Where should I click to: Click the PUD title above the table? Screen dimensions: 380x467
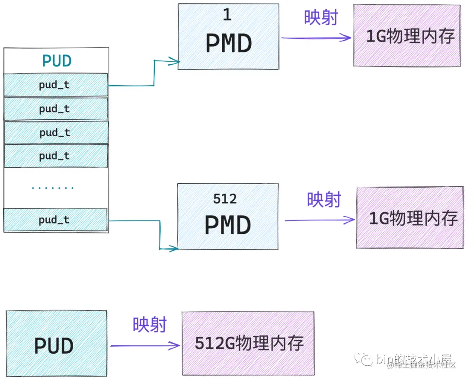56,61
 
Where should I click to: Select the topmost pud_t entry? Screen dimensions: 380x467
56,85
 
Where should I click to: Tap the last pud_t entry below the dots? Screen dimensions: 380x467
55,220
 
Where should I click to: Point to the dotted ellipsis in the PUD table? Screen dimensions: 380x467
53,188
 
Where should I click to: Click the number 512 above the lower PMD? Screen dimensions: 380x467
225,199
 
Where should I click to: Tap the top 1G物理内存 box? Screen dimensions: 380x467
407,35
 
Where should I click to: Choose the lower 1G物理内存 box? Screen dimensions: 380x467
409,217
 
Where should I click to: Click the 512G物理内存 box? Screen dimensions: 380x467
248,343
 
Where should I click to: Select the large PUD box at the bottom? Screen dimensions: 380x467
56,343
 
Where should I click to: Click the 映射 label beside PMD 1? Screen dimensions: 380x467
321,18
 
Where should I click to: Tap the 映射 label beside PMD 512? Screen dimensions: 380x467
324,200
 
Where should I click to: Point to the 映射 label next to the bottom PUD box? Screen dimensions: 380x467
150,325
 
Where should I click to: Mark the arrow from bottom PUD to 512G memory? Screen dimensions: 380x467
145,345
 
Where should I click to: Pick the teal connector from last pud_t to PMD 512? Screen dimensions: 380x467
160,236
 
